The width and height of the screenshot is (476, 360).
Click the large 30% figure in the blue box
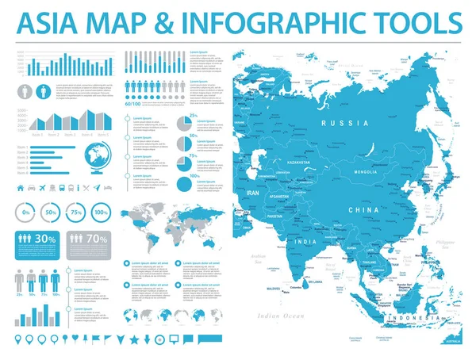(x=44, y=238)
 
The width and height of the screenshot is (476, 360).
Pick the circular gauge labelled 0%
(x=26, y=213)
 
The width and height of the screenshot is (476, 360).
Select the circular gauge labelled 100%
(x=101, y=213)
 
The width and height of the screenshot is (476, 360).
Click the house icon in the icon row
(x=21, y=189)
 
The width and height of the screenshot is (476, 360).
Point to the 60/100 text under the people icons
(x=133, y=103)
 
